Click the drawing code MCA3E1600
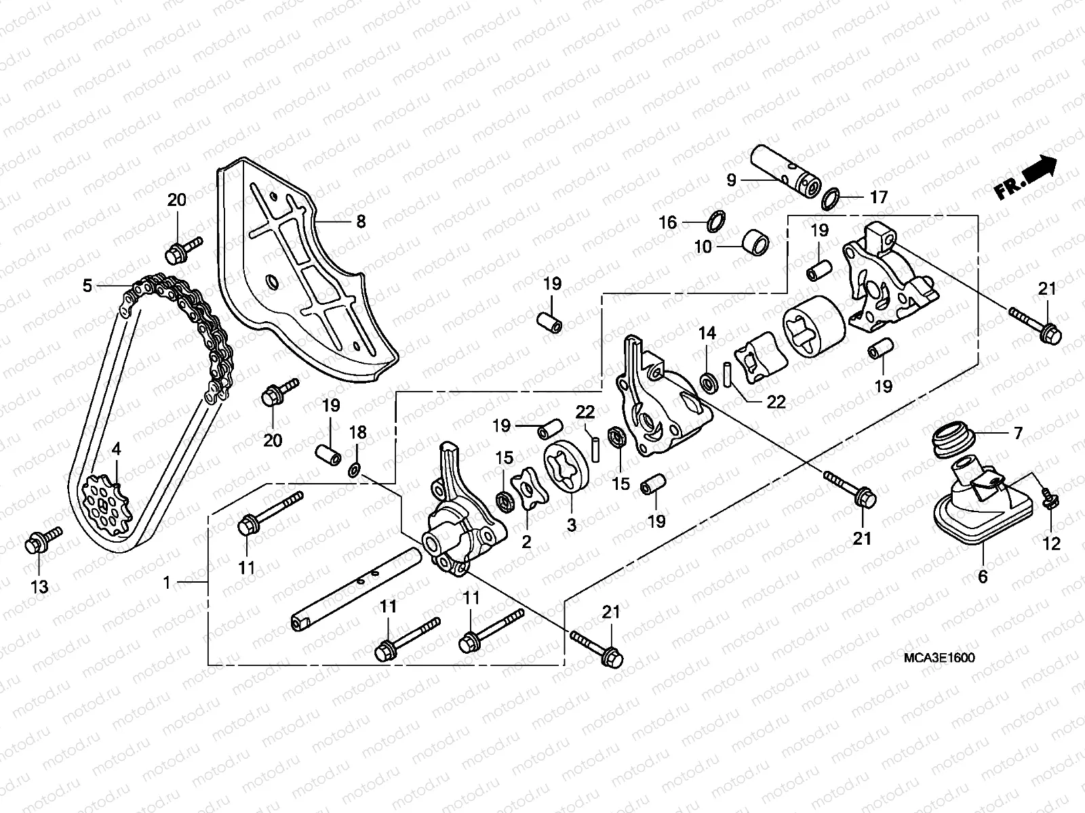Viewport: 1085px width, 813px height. pyautogui.click(x=939, y=658)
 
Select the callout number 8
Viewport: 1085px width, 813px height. pyautogui.click(x=361, y=222)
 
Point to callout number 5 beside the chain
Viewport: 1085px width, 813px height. pyautogui.click(x=87, y=286)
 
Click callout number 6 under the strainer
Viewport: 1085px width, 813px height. pyautogui.click(x=983, y=577)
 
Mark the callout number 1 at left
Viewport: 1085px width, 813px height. pyautogui.click(x=167, y=583)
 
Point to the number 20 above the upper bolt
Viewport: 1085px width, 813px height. pyautogui.click(x=176, y=200)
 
